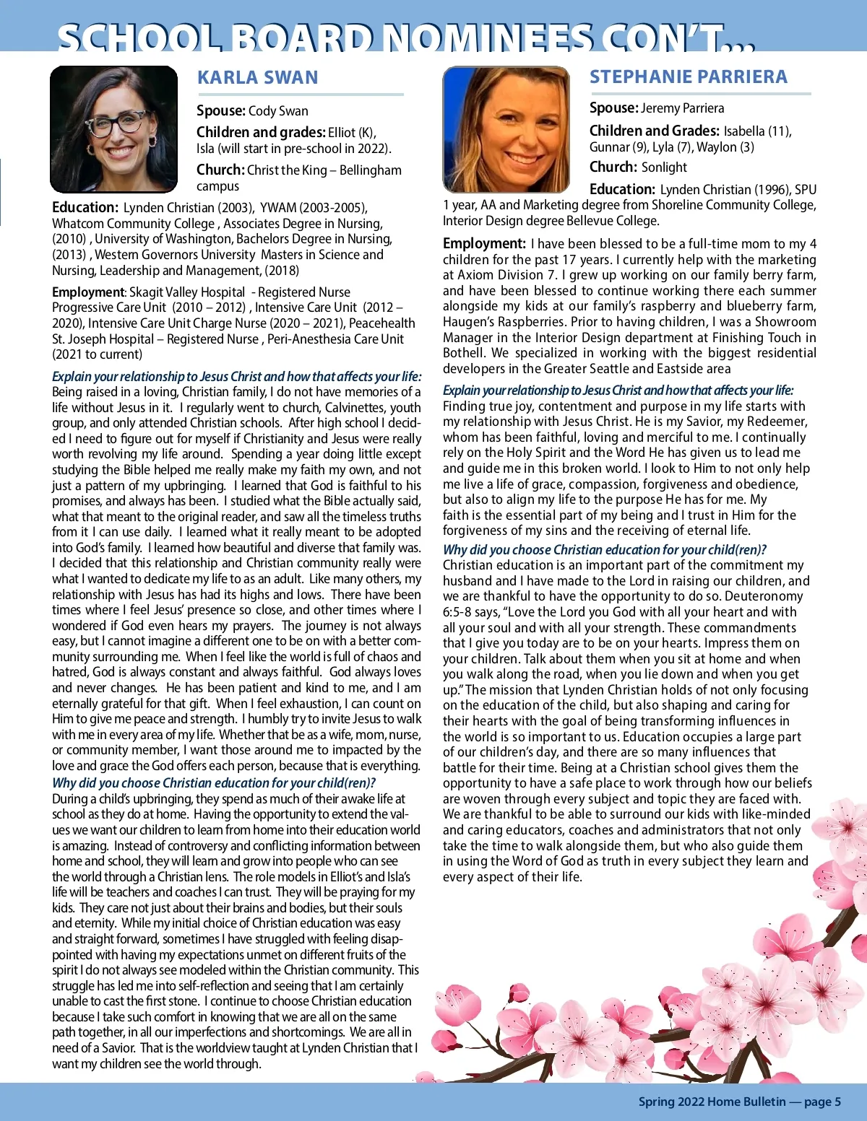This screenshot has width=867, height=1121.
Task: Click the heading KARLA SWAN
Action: click(257, 78)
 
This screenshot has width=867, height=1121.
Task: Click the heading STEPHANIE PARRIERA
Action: click(688, 77)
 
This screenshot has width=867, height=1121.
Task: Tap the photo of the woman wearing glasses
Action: click(113, 129)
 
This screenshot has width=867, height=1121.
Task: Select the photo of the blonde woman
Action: click(506, 129)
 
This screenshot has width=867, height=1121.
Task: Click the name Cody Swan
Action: click(278, 111)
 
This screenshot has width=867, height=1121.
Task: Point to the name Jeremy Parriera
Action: click(682, 108)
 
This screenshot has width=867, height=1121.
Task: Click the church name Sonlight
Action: click(664, 167)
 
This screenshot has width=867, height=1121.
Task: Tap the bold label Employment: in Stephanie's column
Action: click(484, 244)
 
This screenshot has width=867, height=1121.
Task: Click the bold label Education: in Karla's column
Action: click(85, 208)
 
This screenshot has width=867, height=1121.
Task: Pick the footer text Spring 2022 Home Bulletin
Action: click(712, 1102)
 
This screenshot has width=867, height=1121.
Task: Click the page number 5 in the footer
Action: click(837, 1102)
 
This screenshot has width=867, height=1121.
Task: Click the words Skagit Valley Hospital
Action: click(187, 292)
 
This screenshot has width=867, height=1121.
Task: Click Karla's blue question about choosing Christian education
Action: click(214, 783)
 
